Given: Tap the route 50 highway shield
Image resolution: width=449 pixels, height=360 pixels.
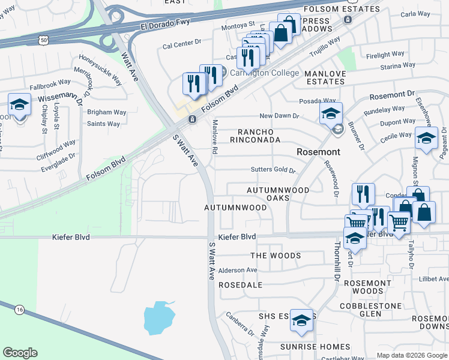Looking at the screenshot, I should tap(43, 40).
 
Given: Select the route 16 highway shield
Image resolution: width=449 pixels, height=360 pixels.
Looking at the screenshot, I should tap(20, 309).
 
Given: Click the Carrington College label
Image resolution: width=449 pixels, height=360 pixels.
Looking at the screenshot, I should tap(263, 73).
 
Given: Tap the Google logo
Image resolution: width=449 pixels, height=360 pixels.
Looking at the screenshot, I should tap(20, 353).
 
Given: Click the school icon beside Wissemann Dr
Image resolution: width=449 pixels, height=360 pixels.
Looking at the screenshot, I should tap(20, 106).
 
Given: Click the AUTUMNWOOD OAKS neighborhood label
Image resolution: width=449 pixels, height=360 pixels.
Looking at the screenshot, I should tap(278, 194).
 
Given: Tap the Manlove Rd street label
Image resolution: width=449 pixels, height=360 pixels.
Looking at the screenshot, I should tap(214, 136).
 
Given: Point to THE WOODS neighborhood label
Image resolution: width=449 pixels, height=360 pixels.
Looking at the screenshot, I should tap(276, 256).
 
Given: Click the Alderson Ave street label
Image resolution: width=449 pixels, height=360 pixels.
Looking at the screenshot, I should tap(238, 270).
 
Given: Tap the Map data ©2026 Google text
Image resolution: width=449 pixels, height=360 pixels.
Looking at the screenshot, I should tap(412, 355).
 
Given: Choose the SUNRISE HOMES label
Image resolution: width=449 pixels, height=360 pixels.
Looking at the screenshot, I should tap(315, 347).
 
